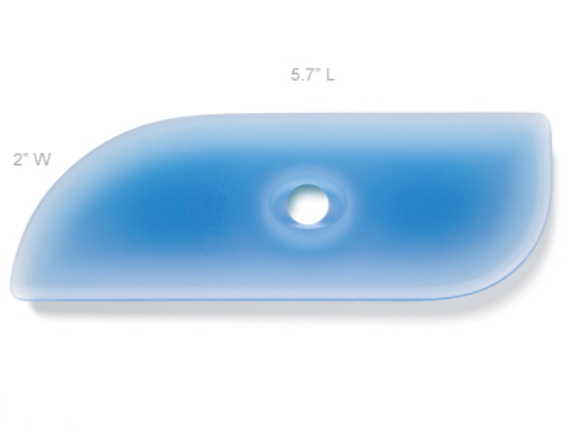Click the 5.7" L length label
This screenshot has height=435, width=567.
(312, 75)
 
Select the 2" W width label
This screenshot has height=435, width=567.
(32, 159)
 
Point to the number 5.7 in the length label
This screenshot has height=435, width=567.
(300, 75)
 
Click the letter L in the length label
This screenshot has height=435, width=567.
(329, 75)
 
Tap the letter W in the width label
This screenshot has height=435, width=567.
(41, 159)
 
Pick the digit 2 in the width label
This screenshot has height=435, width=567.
(18, 159)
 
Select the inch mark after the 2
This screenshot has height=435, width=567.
(26, 157)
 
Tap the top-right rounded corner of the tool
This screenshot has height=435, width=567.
(544, 119)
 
